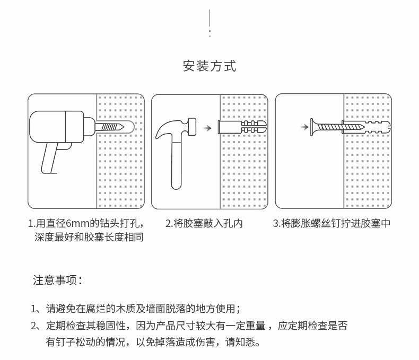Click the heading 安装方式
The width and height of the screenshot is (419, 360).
[x=210, y=66]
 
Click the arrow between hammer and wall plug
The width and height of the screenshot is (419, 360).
[x=208, y=128]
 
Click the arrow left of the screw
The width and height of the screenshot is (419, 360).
[x=303, y=127]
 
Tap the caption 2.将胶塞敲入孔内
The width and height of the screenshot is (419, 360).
[x=204, y=223]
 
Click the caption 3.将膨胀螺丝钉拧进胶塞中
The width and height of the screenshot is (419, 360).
[x=331, y=223]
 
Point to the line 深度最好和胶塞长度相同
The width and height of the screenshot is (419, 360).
[x=89, y=237]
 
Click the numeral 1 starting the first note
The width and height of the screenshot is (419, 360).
[x=33, y=309]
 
